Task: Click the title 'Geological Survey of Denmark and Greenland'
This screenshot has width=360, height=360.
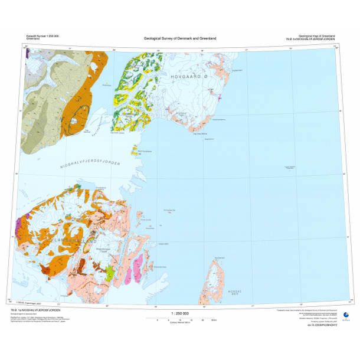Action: [x=180, y=38]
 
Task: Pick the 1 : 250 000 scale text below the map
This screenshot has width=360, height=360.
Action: [x=180, y=313]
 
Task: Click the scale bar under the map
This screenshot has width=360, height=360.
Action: [x=180, y=318]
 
